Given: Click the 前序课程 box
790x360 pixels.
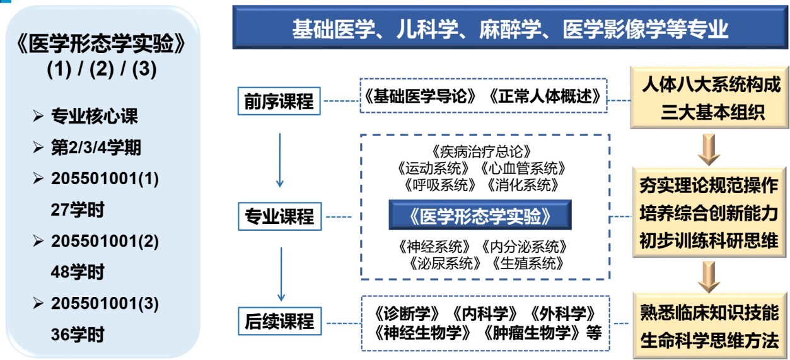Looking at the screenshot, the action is (x=279, y=102).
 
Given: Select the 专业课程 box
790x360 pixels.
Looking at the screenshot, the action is (x=280, y=216).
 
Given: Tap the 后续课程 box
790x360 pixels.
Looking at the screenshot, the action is (x=280, y=321).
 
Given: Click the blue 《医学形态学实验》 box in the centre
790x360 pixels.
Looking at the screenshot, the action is (x=480, y=216).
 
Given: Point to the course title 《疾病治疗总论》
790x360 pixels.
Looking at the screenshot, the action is (x=482, y=152).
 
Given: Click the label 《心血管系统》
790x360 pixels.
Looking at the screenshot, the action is (x=523, y=168).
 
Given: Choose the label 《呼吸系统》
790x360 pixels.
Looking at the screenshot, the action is (x=440, y=185).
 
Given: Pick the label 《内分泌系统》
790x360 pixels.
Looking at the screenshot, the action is (x=525, y=247).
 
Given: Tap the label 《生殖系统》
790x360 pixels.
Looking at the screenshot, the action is (x=528, y=264).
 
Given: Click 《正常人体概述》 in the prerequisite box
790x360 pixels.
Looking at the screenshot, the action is (x=545, y=96).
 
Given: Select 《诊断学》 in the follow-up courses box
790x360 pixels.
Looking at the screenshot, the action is (x=405, y=313).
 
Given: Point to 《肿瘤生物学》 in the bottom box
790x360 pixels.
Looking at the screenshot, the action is (x=532, y=332).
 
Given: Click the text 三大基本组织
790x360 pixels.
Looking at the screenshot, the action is (x=712, y=112).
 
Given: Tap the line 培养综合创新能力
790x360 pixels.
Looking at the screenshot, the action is (x=709, y=213).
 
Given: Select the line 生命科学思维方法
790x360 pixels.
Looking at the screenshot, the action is (x=709, y=340).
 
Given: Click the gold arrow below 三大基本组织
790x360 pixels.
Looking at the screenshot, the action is (x=709, y=149).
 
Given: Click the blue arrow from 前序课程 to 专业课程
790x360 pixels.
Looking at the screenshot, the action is (x=280, y=160).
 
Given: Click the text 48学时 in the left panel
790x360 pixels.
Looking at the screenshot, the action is (x=78, y=272).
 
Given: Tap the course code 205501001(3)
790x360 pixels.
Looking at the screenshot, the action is (x=105, y=304).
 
